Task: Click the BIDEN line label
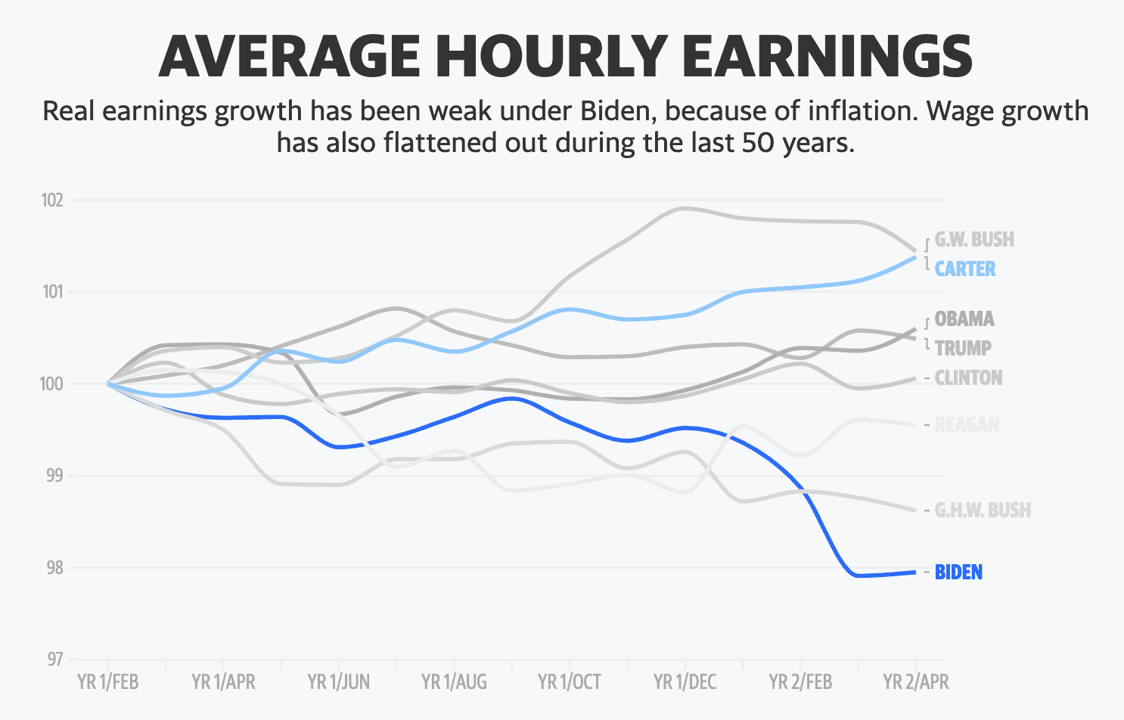coord(958,573)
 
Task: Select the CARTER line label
coord(965,269)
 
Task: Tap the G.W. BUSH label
coord(974,240)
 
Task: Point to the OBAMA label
coord(964,319)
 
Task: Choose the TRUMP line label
coord(963,349)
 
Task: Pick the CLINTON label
coord(968,378)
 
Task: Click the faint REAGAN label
coord(967,425)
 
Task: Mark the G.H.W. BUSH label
coord(983,511)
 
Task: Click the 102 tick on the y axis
coord(52,200)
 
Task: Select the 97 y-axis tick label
coord(54,659)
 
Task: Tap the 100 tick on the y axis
coord(52,384)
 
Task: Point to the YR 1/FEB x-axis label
coord(108,682)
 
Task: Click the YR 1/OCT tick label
coord(570,682)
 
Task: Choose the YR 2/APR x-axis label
coord(916,682)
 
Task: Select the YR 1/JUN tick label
coord(339,682)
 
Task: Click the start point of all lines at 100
coord(109,383)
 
